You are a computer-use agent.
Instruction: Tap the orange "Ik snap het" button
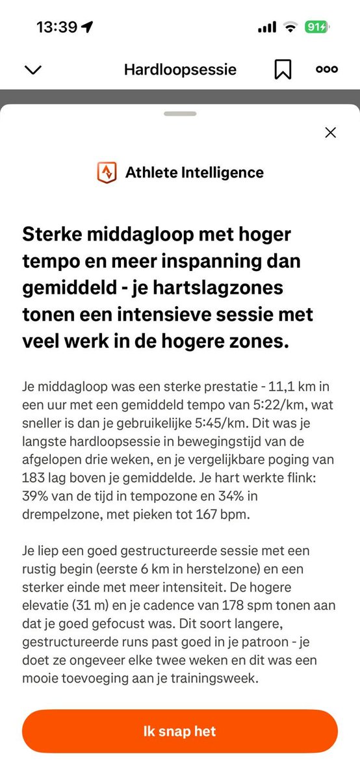tap(179, 731)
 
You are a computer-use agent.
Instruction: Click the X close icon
tap(330, 133)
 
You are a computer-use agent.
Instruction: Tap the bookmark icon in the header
tap(283, 70)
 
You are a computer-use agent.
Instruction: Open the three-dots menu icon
tap(326, 70)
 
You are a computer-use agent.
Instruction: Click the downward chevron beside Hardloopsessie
tap(32, 70)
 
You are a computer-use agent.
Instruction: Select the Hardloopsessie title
tap(180, 70)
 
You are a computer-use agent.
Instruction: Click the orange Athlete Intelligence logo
tap(107, 173)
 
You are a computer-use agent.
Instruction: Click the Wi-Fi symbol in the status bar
tap(290, 27)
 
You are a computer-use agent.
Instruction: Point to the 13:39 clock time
tap(57, 27)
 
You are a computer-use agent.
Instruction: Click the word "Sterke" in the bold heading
tap(54, 233)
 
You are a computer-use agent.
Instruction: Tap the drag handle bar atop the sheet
tap(180, 114)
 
